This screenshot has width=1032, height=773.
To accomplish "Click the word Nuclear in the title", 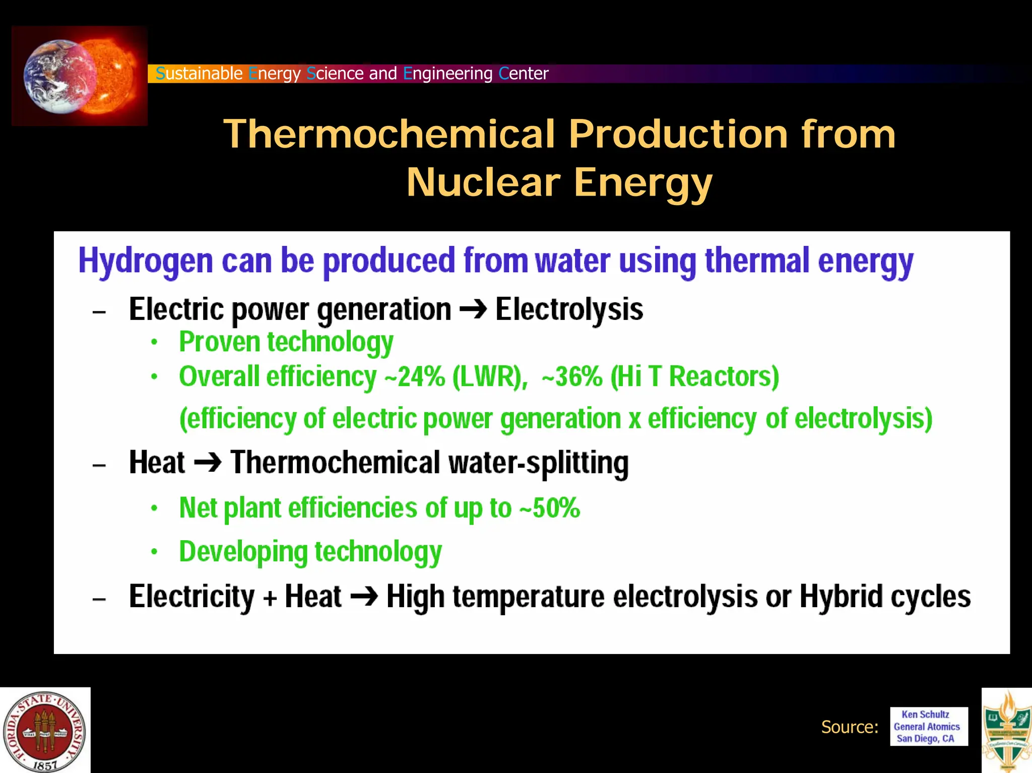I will tap(483, 182).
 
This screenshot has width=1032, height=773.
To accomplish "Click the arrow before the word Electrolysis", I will tap(473, 309).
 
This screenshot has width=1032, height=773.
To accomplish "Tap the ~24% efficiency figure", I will tap(414, 377).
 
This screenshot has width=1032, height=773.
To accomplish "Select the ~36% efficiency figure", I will tap(572, 377).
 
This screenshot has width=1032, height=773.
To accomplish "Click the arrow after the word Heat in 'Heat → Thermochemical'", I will tap(207, 463).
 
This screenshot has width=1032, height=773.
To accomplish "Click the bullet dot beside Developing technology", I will tap(154, 552).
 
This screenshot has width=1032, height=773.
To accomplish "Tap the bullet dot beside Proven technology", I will tap(154, 343).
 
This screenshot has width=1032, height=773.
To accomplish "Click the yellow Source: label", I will tap(850, 727).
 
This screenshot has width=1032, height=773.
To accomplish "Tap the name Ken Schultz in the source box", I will tap(925, 715).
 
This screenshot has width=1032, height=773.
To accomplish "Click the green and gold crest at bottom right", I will tap(1007, 731).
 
